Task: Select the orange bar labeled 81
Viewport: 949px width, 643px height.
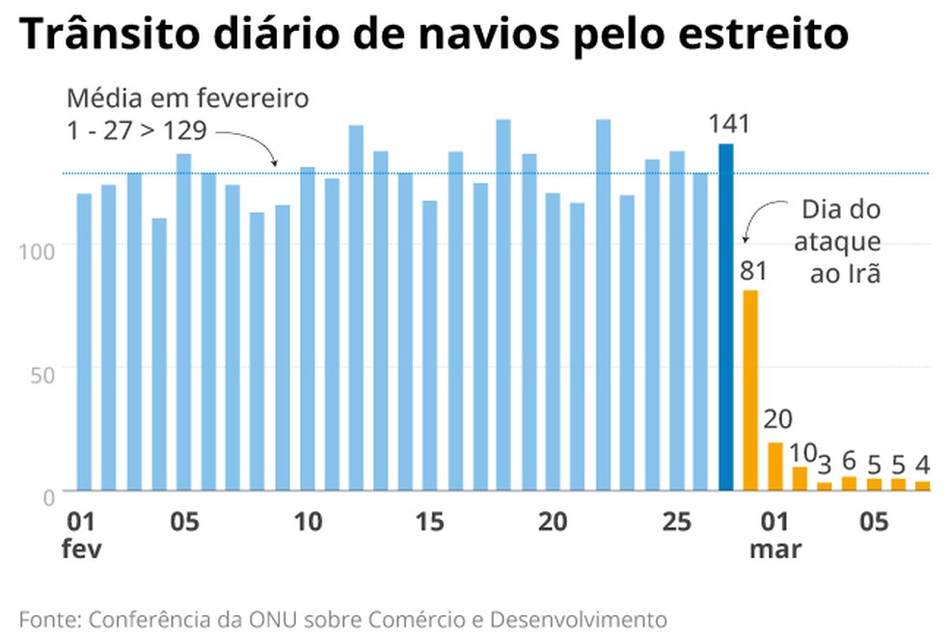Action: [x=750, y=389]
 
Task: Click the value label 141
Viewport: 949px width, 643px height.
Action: [x=728, y=123]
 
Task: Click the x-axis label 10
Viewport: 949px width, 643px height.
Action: [x=307, y=522]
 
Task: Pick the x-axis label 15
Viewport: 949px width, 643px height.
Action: [x=429, y=522]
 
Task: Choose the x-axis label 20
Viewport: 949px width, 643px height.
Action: [x=551, y=522]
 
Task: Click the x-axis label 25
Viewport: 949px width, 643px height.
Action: [x=674, y=522]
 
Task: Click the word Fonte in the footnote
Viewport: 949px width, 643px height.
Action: [x=45, y=618]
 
